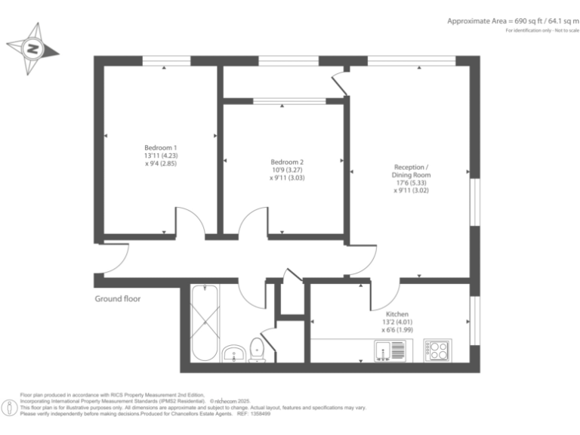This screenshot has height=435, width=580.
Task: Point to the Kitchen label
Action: coord(397,314)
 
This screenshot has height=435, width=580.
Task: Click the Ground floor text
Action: coord(117,299)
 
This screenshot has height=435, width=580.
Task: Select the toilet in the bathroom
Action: coord(257,349)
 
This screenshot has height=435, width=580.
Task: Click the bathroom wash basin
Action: coord(234,353)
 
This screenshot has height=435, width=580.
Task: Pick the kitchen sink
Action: coord(388,350)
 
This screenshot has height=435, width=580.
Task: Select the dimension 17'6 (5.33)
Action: coord(412,183)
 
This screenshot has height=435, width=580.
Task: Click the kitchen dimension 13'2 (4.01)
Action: coord(397,322)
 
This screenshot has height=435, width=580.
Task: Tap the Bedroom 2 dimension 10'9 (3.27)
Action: coord(287,171)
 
